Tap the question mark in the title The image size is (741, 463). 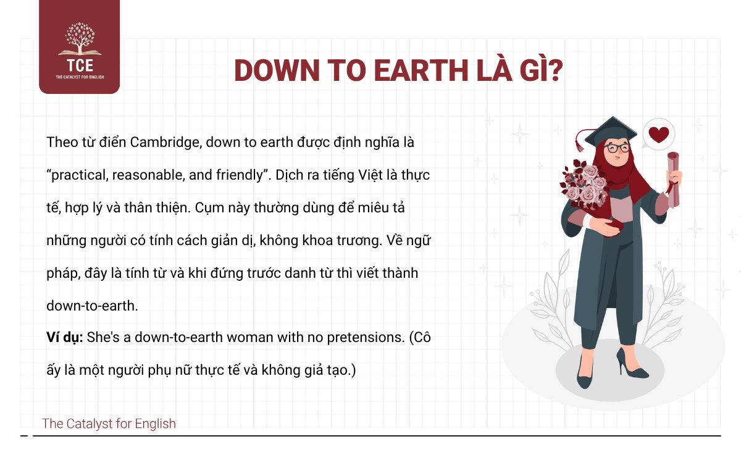[x=554, y=70]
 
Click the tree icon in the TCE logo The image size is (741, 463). [x=80, y=38]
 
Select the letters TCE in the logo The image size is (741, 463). [x=80, y=65]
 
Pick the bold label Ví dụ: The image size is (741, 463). [x=64, y=338]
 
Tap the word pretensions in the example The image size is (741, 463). [x=366, y=338]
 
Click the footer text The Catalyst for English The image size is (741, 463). [x=109, y=423]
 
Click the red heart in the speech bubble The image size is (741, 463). [x=659, y=135]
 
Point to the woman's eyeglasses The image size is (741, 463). [x=617, y=148]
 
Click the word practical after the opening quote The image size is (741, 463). [x=80, y=175]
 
